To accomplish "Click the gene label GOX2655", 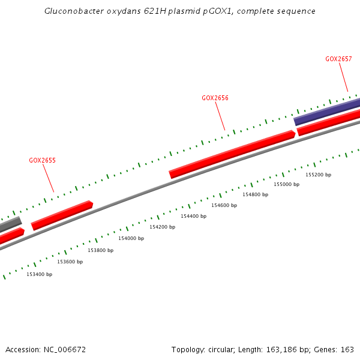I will pyautogui.click(x=42, y=161).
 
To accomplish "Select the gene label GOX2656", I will pyautogui.click(x=215, y=98).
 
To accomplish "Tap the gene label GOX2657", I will pyautogui.click(x=338, y=59).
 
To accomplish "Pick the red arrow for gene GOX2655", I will pyautogui.click(x=62, y=215).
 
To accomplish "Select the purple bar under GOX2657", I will pyautogui.click(x=327, y=112).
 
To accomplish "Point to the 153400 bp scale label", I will pyautogui.click(x=39, y=274).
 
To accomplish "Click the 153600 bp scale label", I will pyautogui.click(x=70, y=262).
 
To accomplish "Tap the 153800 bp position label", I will pyautogui.click(x=100, y=250).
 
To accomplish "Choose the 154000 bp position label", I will pyautogui.click(x=131, y=238).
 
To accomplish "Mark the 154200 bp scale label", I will pyautogui.click(x=162, y=227).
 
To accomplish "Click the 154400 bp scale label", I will pyautogui.click(x=193, y=216).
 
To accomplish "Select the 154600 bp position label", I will pyautogui.click(x=224, y=205).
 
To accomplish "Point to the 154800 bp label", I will pyautogui.click(x=255, y=194).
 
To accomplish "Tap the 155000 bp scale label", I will pyautogui.click(x=286, y=184).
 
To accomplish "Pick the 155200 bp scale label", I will pyautogui.click(x=318, y=175).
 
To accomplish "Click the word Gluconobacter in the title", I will pyautogui.click(x=71, y=11).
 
